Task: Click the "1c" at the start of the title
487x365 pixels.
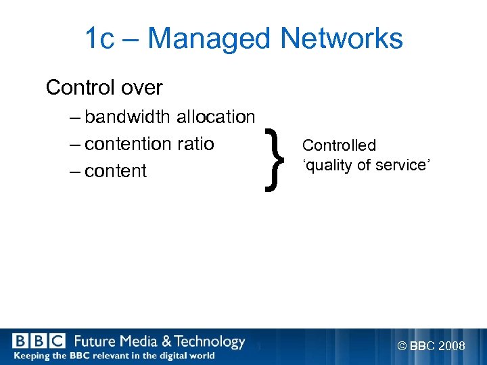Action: [x=99, y=39]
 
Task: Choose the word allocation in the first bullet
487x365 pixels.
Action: [x=215, y=117]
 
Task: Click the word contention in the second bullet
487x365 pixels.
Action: [x=129, y=144]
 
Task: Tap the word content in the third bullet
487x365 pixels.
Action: [x=116, y=171]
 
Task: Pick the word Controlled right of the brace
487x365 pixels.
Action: [x=339, y=145]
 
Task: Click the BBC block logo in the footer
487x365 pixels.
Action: [x=39, y=341]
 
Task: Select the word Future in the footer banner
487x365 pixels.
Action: [x=95, y=341]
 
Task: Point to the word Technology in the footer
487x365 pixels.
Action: [x=210, y=341]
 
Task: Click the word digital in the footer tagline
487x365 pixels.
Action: [x=167, y=356]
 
